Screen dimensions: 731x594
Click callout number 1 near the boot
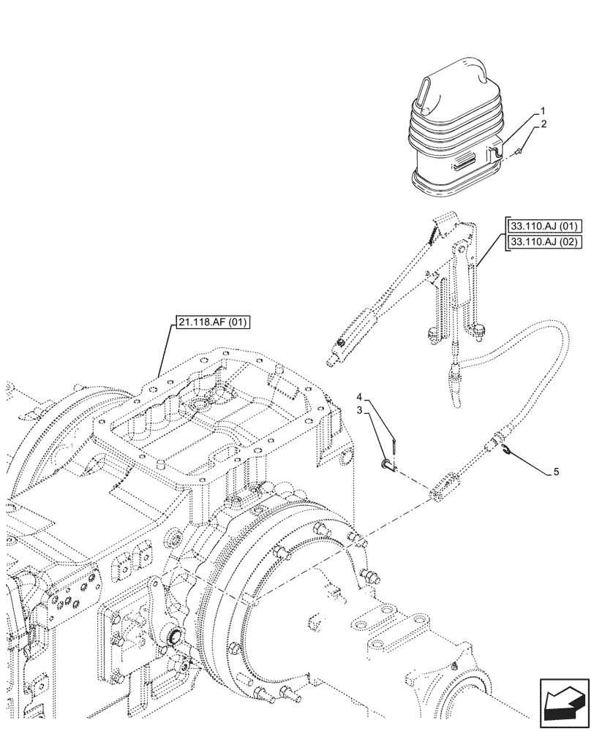[x=542, y=112]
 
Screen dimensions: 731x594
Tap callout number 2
[x=542, y=126]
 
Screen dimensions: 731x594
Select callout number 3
[x=361, y=413]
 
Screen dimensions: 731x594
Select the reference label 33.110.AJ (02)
[x=542, y=242]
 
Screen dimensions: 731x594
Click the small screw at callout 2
[x=516, y=151]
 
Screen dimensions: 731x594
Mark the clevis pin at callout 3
[x=387, y=463]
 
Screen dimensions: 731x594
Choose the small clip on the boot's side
[x=492, y=151]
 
